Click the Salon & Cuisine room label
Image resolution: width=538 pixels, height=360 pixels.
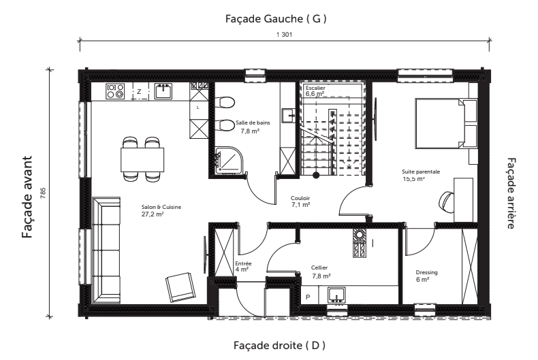161,207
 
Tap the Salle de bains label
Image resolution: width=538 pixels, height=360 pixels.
253,122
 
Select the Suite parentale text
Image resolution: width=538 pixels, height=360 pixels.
421,171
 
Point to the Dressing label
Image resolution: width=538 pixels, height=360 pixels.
426,273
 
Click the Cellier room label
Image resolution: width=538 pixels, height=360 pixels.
319,267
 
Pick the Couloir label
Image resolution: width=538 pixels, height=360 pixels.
300,198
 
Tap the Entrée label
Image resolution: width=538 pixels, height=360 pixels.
243,263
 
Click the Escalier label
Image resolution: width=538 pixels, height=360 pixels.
315,88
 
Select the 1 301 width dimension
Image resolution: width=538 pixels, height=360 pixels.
284,34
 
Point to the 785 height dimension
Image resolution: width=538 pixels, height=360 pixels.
43,193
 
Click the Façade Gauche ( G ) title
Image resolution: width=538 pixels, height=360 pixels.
276,18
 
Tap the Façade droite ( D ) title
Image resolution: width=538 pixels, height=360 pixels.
279,345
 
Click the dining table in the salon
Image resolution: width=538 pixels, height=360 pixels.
142,159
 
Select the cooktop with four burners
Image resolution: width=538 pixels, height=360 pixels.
115,91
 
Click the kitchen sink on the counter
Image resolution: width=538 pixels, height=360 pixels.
163,91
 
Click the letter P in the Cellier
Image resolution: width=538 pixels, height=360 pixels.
308,297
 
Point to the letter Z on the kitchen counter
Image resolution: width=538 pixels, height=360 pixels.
139,92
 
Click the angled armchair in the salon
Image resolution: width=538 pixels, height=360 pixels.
180,287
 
